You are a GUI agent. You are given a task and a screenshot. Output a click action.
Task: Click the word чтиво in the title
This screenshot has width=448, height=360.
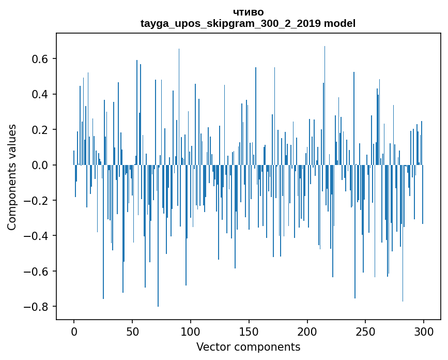(248, 12)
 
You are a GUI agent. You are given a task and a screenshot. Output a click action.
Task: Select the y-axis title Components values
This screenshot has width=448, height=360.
(12, 177)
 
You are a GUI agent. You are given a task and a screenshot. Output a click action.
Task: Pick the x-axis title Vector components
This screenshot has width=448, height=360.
(248, 347)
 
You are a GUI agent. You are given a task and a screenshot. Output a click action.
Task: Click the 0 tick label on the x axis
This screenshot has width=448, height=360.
(74, 331)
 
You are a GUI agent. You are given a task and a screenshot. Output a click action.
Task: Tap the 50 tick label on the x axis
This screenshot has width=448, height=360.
(132, 331)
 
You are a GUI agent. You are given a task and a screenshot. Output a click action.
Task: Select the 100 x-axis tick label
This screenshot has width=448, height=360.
(191, 331)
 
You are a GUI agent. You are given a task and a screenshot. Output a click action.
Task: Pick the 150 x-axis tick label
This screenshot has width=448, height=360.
(249, 331)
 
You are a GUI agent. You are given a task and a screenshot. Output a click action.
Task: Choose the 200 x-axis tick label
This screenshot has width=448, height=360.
(307, 331)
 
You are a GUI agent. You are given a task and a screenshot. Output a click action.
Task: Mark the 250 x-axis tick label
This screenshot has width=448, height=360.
(365, 331)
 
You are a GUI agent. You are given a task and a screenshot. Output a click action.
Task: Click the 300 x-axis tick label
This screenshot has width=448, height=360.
(424, 331)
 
